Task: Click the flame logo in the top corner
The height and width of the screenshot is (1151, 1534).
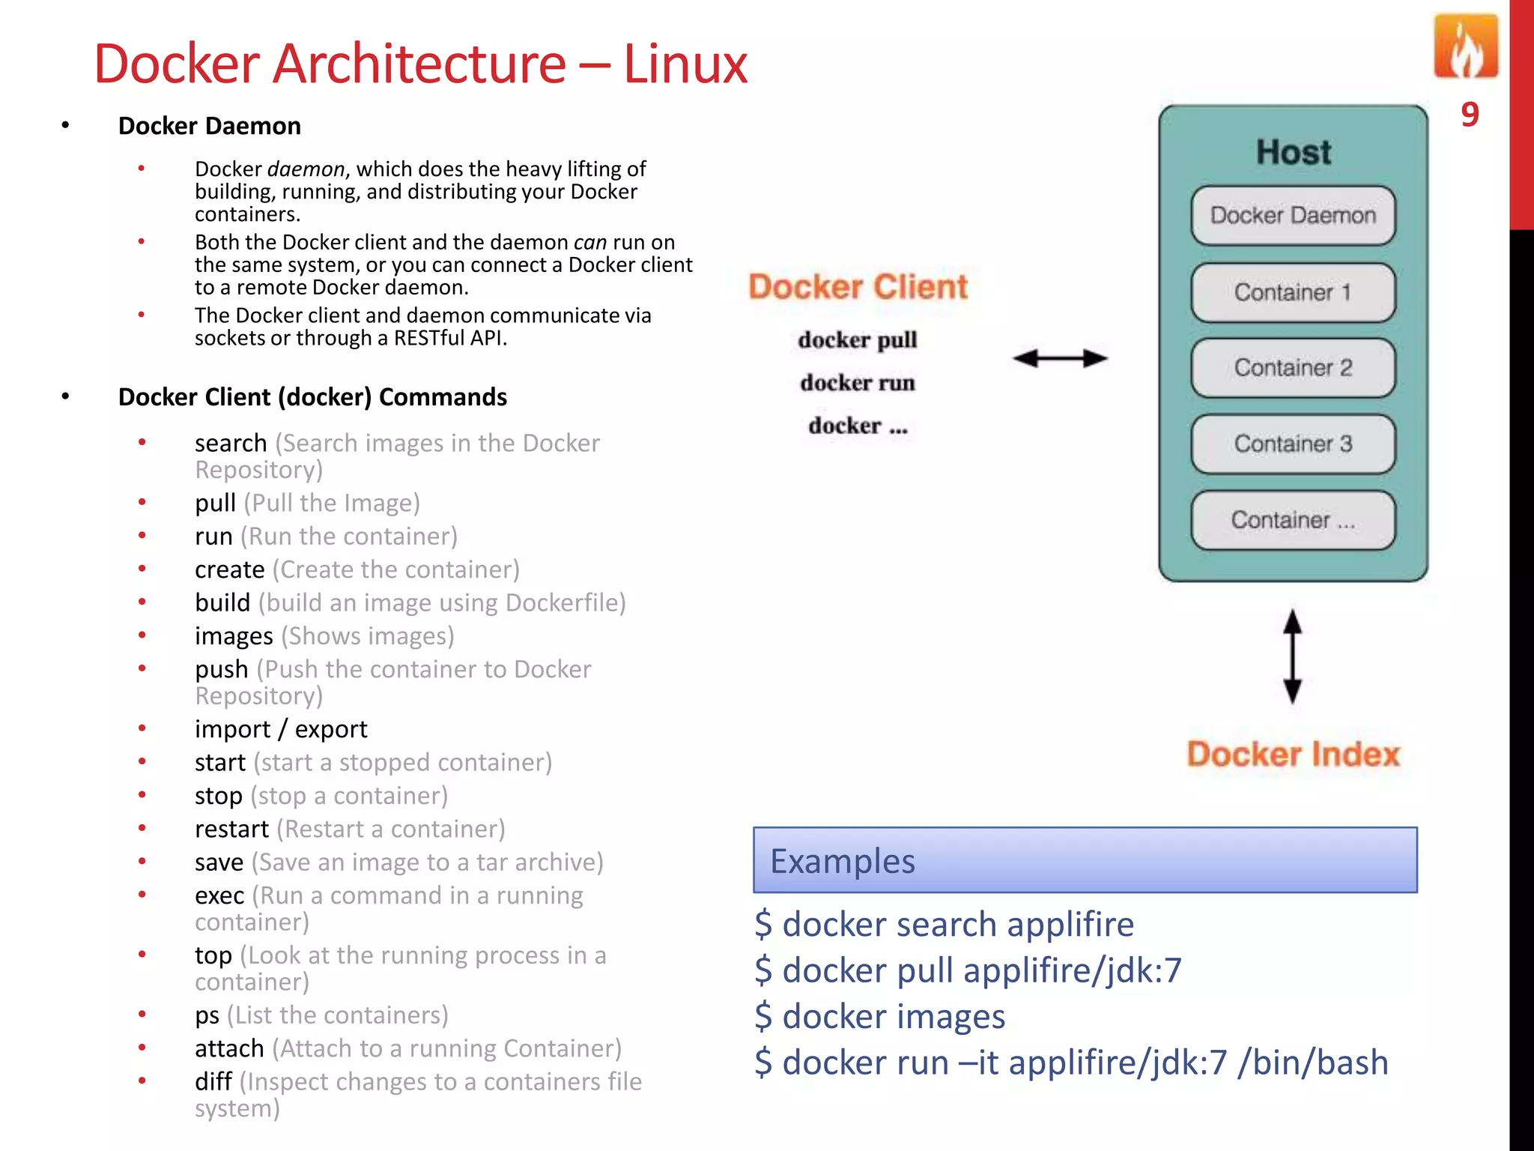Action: coord(1466,47)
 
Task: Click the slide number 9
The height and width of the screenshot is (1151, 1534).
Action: coord(1470,115)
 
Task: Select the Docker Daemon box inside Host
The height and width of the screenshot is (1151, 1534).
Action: coord(1293,216)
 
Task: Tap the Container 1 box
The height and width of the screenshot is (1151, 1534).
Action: coord(1293,292)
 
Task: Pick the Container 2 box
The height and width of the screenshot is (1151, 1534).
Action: coord(1293,368)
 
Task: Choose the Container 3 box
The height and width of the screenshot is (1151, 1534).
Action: coord(1293,444)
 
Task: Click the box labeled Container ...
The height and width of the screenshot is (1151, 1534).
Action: coord(1293,520)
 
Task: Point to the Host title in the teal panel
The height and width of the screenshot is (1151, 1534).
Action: coord(1294,152)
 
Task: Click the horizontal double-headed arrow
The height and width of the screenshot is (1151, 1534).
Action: coord(1060,358)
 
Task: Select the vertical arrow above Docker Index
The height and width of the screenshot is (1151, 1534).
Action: coord(1293,656)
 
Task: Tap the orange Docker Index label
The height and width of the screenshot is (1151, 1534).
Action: coord(1293,754)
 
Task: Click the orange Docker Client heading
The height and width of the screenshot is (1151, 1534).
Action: coord(858,287)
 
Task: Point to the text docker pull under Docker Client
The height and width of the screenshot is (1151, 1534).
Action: coord(858,339)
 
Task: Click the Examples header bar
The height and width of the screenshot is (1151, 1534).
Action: coord(1085,860)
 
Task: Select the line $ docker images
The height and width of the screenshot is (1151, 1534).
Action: coord(880,1017)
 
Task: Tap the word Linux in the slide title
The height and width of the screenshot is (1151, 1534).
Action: coord(685,64)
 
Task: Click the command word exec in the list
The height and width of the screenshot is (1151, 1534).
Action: coord(219,895)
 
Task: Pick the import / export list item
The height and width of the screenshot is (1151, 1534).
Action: coord(281,729)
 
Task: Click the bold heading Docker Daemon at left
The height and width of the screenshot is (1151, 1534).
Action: coord(210,126)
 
